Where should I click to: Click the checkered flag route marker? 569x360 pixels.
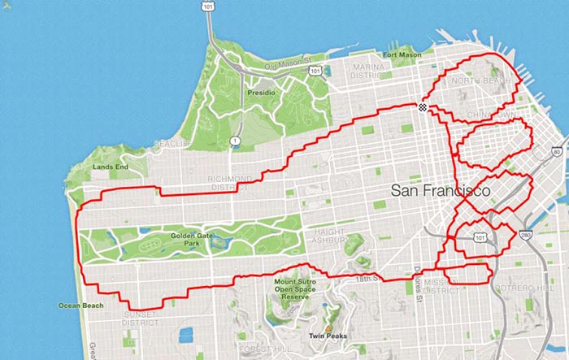pos(422,107)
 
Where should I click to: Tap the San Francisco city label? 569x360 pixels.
pos(440,192)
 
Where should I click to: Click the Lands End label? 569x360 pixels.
pos(111,167)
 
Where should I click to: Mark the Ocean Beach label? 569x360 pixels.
pos(80,306)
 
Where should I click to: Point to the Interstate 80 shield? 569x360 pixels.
pos(556,152)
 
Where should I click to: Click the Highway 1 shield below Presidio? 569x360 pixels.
pos(235,141)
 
